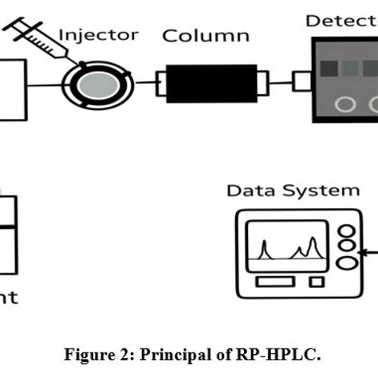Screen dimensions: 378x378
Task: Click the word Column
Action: pyautogui.click(x=206, y=36)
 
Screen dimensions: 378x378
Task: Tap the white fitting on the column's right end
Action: pyautogui.click(x=263, y=81)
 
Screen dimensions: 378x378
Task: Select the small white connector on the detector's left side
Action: pyautogui.click(x=301, y=81)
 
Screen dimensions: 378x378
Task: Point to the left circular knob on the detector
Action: pyautogui.click(x=345, y=104)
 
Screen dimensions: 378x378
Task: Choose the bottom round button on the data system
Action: pyautogui.click(x=346, y=263)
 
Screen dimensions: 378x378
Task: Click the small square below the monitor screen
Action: pyautogui.click(x=317, y=282)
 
